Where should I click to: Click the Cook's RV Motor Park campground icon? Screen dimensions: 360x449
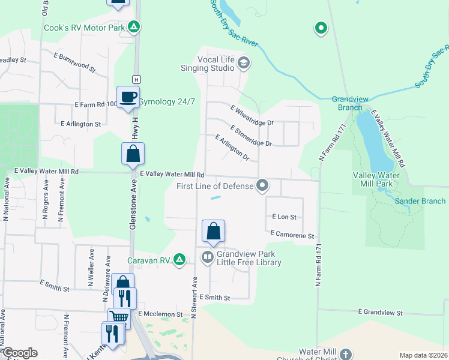pyautogui.click(x=135, y=27)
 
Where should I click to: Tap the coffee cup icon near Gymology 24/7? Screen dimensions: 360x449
pyautogui.click(x=128, y=97)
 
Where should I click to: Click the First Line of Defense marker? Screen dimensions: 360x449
pyautogui.click(x=262, y=185)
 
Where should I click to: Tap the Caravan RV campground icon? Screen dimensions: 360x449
pyautogui.click(x=179, y=260)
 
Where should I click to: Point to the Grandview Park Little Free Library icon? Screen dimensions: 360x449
pyautogui.click(x=207, y=257)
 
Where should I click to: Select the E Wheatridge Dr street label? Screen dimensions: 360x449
pyautogui.click(x=252, y=115)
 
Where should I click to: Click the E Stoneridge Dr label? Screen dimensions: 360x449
pyautogui.click(x=251, y=136)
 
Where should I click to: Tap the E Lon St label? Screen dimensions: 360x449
pyautogui.click(x=285, y=216)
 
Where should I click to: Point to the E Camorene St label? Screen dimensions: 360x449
pyautogui.click(x=292, y=234)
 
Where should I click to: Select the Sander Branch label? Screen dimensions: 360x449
pyautogui.click(x=420, y=201)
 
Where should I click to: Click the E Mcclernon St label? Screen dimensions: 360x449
pyautogui.click(x=160, y=313)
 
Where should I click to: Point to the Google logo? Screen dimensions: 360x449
pyautogui.click(x=19, y=353)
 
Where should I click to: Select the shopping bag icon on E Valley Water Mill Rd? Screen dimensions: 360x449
pyautogui.click(x=133, y=154)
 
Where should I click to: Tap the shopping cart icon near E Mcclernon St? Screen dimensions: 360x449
pyautogui.click(x=118, y=317)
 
